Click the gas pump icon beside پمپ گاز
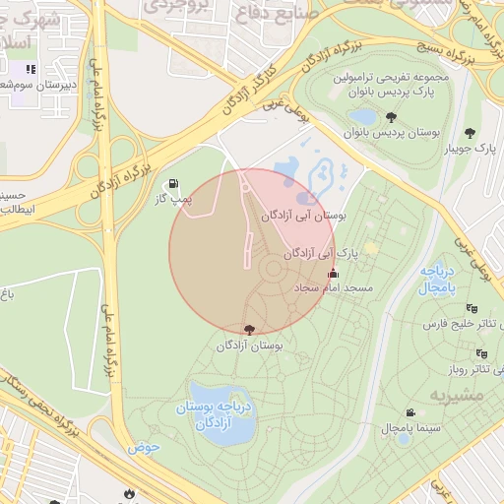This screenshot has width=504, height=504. click(x=174, y=183)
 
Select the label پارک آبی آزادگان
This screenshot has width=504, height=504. click(x=319, y=253)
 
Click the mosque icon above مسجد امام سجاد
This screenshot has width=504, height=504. click(x=333, y=274)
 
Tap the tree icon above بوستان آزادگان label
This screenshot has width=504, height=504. click(x=248, y=329)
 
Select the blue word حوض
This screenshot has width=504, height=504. click(x=143, y=447)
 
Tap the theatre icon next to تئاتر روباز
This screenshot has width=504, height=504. click(x=498, y=370)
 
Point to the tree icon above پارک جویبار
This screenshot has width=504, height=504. click(x=471, y=133)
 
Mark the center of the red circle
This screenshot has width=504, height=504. click(x=252, y=252)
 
